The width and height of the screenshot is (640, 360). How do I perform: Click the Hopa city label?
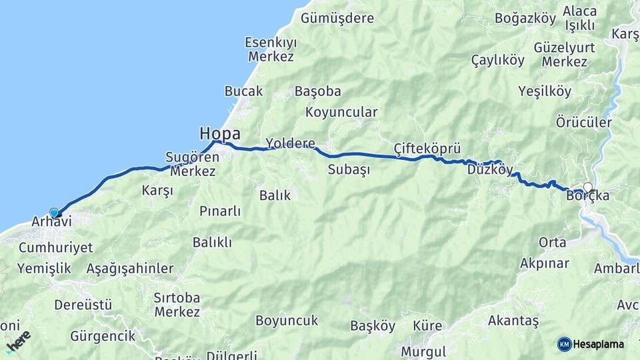click(219, 133)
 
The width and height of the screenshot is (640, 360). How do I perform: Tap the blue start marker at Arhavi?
click(54, 213)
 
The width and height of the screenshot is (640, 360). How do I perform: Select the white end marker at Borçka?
click(587, 187)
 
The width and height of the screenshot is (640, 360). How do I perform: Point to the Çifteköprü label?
click(427, 148)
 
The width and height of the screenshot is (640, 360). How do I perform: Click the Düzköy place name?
click(490, 170)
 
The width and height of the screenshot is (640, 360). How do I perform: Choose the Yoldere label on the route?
click(290, 143)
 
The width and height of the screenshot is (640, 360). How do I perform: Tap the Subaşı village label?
click(349, 169)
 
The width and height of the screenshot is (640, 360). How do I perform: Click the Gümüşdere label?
click(337, 18)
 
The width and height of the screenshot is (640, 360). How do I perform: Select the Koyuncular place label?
click(341, 112)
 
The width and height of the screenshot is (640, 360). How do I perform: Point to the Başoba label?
click(318, 91)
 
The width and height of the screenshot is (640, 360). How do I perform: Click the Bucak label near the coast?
click(243, 91)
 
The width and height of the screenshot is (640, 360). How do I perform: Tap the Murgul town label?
click(423, 351)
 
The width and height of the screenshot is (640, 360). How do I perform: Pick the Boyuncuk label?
click(287, 321)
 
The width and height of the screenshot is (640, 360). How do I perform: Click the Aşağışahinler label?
click(130, 269)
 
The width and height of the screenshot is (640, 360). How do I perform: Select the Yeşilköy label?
click(545, 92)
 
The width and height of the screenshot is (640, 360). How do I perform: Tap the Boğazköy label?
click(525, 18)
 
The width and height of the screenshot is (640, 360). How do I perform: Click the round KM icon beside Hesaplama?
click(564, 344)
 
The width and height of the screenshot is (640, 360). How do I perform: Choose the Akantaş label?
click(513, 321)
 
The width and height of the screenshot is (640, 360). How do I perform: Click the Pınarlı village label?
click(220, 211)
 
